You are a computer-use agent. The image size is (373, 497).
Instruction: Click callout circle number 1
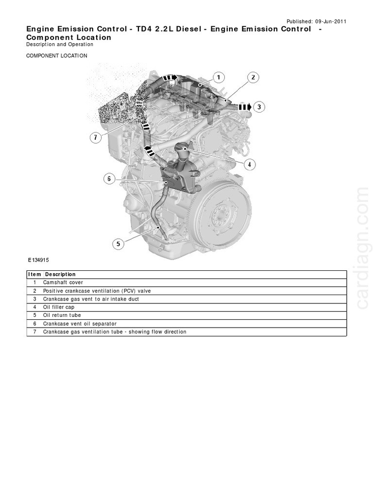[x=218, y=77]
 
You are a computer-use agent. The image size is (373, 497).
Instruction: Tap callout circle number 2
[x=253, y=77]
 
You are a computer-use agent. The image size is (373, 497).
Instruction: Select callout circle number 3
[x=259, y=107]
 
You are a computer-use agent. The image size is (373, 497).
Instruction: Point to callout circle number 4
[x=249, y=165]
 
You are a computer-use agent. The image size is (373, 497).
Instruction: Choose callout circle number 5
[x=118, y=244]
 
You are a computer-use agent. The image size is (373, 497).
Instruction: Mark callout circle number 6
[x=109, y=179]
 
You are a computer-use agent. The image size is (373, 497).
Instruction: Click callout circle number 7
[x=96, y=137]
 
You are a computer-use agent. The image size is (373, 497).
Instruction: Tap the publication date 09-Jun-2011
[x=331, y=22]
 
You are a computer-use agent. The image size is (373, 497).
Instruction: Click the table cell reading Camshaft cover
[x=63, y=282]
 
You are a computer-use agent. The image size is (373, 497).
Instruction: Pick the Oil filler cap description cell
[x=60, y=307]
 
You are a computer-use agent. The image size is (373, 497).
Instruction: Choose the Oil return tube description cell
[x=62, y=315]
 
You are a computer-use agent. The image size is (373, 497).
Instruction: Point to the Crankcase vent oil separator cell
[x=80, y=324]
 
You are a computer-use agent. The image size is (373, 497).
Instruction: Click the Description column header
[x=60, y=274]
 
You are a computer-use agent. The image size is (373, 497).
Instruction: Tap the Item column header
[x=34, y=274]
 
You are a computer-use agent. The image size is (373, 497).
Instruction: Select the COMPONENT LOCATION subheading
[x=57, y=56]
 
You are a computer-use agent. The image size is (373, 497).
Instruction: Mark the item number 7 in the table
[x=35, y=332]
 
